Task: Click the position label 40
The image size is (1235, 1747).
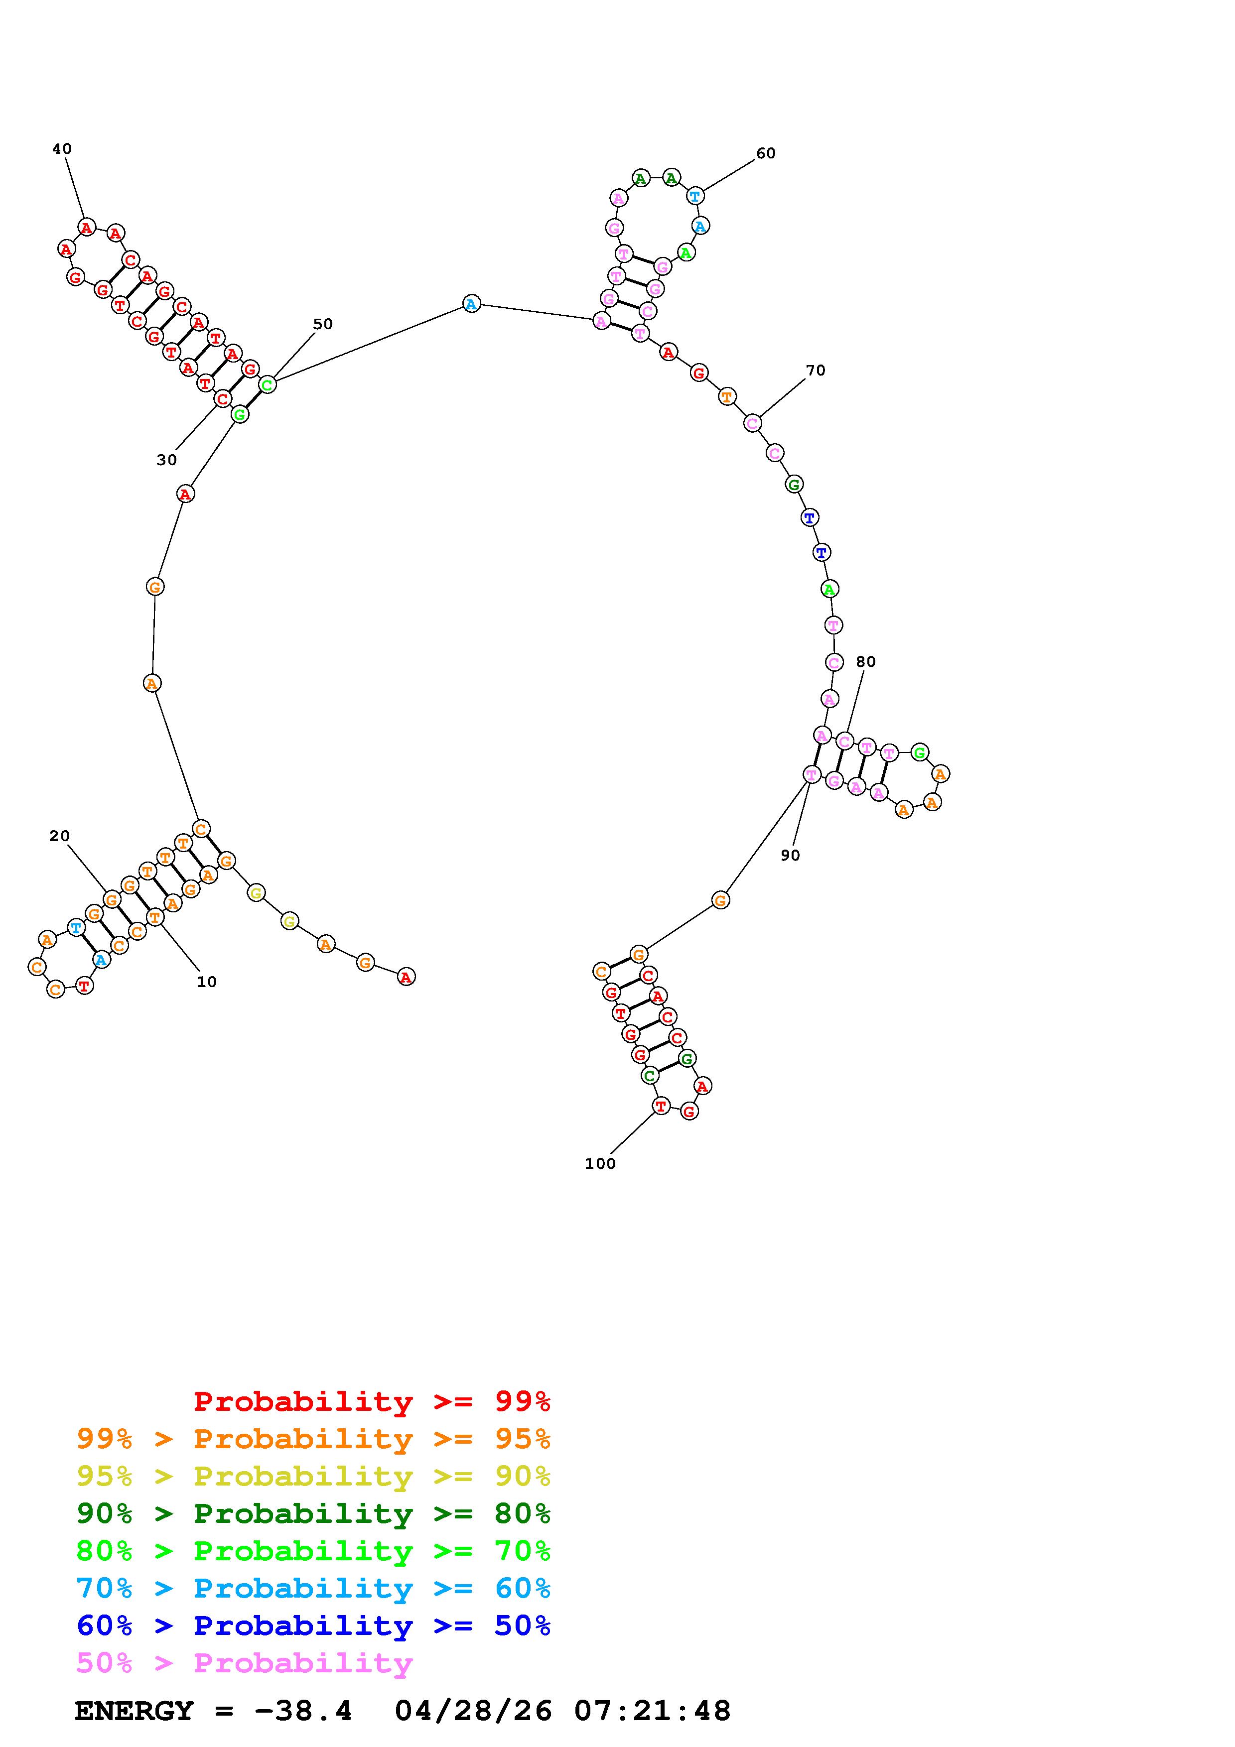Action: pos(62,149)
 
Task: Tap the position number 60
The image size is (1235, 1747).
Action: pos(766,154)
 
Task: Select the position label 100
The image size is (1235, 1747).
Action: pos(600,1163)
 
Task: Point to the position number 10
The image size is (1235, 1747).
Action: pos(206,982)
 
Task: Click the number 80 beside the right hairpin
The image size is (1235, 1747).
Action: pos(866,662)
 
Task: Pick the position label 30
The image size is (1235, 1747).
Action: pos(167,460)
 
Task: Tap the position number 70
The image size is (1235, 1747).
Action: pos(815,371)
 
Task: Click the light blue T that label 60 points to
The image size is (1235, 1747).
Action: pos(695,196)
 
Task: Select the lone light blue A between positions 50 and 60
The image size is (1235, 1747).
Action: pos(472,304)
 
